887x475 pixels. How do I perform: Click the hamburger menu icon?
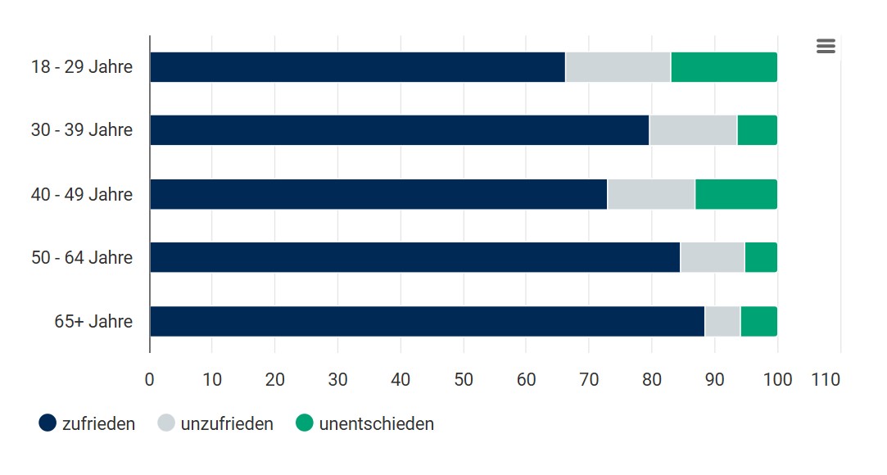[x=826, y=47]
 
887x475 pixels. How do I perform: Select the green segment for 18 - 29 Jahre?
[x=724, y=67]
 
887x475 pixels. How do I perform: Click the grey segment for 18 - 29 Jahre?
[x=618, y=67]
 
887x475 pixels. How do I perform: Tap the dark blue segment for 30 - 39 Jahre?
[x=399, y=130]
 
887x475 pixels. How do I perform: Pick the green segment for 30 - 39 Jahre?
[x=757, y=130]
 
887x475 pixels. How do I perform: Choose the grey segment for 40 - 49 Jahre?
[x=651, y=194]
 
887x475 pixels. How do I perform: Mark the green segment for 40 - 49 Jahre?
[x=735, y=194]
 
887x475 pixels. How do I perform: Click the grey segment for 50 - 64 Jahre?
[x=712, y=257]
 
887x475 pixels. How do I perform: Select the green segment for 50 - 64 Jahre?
[x=761, y=257]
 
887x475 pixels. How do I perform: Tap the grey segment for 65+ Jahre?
[x=722, y=321]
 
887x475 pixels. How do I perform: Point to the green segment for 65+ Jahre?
[x=758, y=321]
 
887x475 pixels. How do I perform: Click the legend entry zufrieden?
[x=88, y=423]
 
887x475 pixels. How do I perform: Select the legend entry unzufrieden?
[x=216, y=423]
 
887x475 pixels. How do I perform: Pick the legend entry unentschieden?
[x=365, y=423]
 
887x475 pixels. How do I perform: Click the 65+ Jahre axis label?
[x=93, y=321]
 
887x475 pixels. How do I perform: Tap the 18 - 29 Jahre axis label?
[x=82, y=67]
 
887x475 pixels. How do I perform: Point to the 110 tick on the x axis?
[x=826, y=380]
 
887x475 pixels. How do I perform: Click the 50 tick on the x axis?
[x=464, y=380]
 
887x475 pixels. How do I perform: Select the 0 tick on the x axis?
[x=150, y=380]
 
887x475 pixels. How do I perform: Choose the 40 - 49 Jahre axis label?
[x=82, y=194]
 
